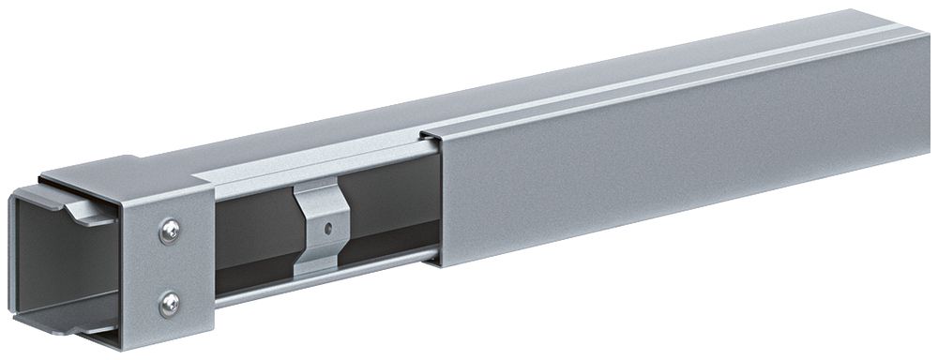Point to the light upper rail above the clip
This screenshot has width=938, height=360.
click(310, 173)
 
